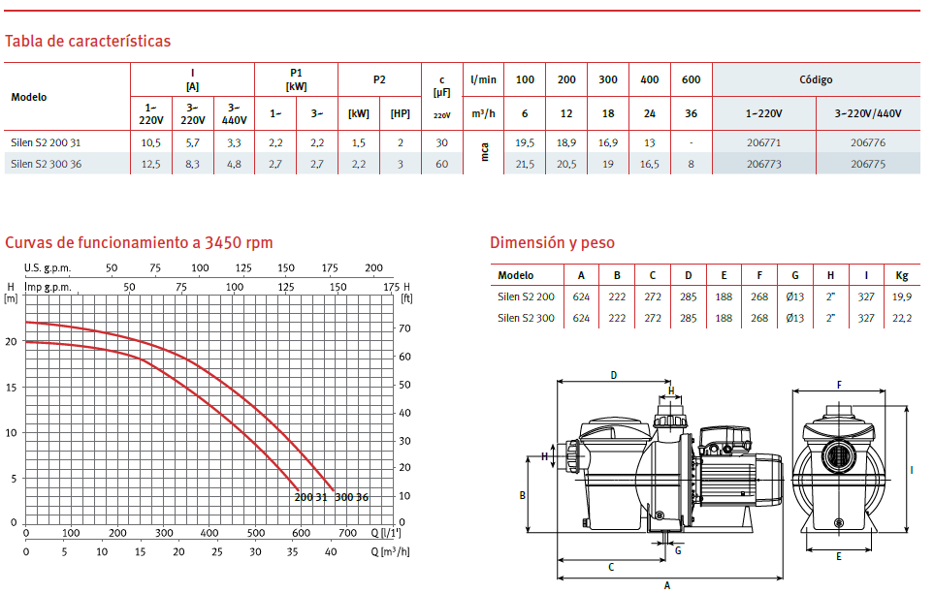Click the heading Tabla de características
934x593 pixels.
point(87,41)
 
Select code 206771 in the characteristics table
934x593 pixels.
point(763,142)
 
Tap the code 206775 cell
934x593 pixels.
point(868,165)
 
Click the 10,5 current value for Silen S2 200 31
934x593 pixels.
point(150,142)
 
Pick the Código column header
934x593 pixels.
point(816,79)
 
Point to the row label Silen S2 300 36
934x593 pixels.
point(46,165)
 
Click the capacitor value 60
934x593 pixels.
point(441,165)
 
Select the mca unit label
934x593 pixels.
point(484,152)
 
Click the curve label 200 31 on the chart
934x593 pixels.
point(310,497)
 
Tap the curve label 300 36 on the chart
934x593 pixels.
point(351,497)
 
